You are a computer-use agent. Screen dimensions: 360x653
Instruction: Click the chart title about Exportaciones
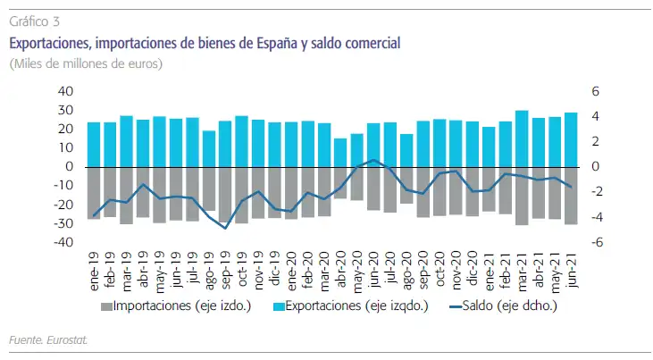[205, 42]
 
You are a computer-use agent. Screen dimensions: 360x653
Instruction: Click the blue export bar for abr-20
[340, 152]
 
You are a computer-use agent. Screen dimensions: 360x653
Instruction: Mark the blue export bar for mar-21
[522, 138]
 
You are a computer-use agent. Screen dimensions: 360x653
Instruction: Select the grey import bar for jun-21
[570, 195]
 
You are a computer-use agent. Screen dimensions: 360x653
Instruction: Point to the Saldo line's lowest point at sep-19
[225, 228]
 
